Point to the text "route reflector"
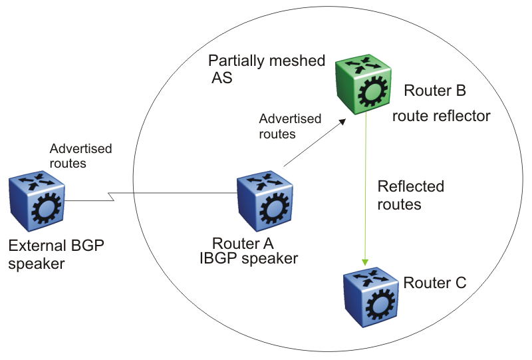(x=441, y=116)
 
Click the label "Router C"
(x=435, y=283)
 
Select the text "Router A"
(x=243, y=243)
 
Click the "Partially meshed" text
(x=267, y=61)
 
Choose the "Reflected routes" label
(x=410, y=195)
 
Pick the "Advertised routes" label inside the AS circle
(x=290, y=126)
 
